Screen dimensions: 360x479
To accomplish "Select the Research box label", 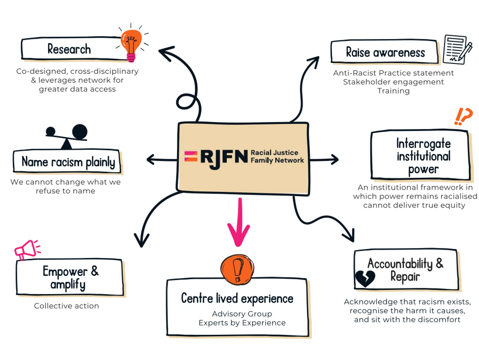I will point(69,49).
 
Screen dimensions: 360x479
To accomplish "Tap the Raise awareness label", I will point(385,53).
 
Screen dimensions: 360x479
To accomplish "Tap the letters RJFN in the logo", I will point(224,156).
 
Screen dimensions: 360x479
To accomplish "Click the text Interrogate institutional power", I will point(423,156).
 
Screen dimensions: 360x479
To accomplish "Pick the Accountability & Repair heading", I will point(405,270).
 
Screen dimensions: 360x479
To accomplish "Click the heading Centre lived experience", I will point(237,298).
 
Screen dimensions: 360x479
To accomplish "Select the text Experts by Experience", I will point(242,323).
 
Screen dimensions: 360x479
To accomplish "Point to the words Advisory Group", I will point(242,314).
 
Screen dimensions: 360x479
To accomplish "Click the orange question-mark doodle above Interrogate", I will point(463,116).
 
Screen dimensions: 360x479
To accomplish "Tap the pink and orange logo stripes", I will point(191,156).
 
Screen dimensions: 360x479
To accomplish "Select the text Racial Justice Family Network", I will point(277,156).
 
